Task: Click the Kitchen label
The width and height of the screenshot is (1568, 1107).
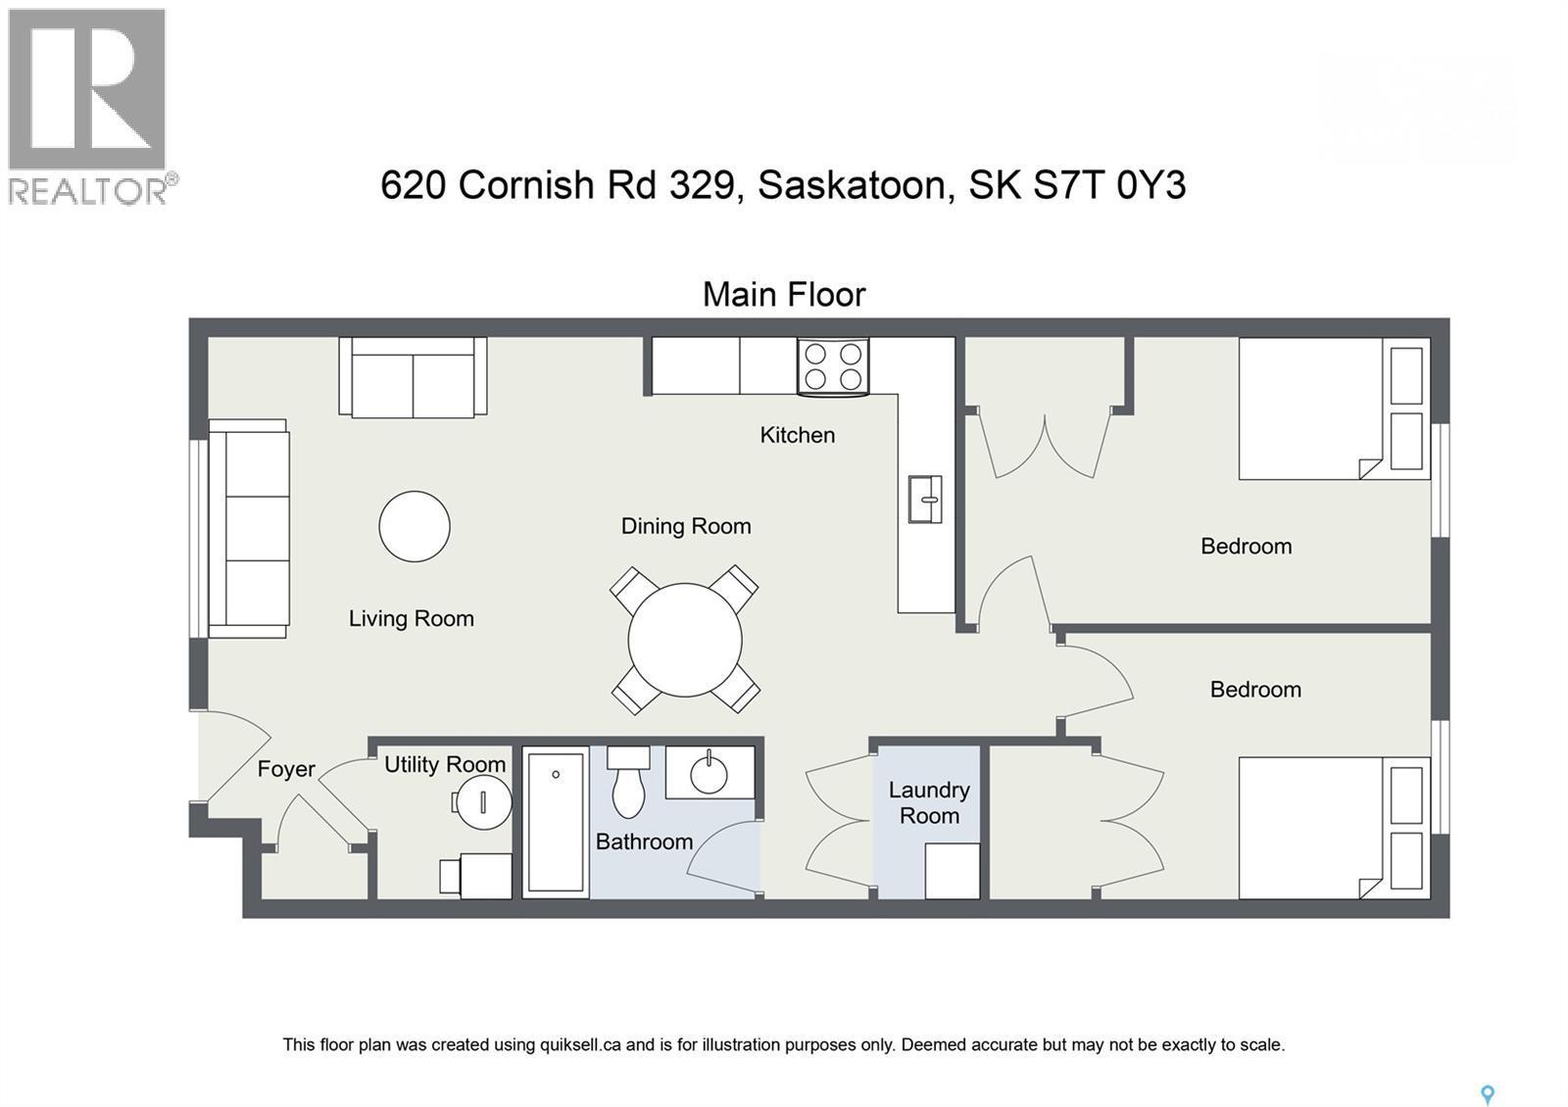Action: click(x=797, y=435)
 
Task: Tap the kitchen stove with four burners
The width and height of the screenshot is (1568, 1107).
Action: click(x=833, y=366)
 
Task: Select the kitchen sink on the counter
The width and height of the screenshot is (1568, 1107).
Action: click(x=924, y=499)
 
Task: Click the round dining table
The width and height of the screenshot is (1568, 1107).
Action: click(x=685, y=640)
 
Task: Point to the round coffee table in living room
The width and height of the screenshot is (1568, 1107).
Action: click(x=415, y=526)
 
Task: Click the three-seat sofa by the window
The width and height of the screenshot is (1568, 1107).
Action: click(x=249, y=529)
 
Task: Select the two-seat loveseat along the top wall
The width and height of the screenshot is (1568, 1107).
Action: click(x=413, y=378)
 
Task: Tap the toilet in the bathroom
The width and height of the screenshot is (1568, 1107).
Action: click(x=628, y=782)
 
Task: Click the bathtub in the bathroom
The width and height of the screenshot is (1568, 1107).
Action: click(x=556, y=822)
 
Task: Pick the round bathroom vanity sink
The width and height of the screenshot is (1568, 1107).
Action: click(x=710, y=774)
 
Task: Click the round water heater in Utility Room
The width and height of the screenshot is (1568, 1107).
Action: click(x=484, y=802)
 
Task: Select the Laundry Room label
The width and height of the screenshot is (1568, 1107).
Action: click(x=929, y=802)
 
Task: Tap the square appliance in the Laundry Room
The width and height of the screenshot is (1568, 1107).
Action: click(x=952, y=871)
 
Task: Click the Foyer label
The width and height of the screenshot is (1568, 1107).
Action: click(x=286, y=769)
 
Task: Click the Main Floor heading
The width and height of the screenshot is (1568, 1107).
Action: click(x=784, y=294)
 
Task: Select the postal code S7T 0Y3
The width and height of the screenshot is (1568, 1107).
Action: click(x=1109, y=185)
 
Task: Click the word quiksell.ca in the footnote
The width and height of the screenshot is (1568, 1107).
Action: click(x=580, y=1044)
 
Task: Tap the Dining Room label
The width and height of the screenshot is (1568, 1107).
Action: click(x=686, y=526)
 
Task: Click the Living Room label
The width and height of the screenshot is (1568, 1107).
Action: click(x=412, y=618)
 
